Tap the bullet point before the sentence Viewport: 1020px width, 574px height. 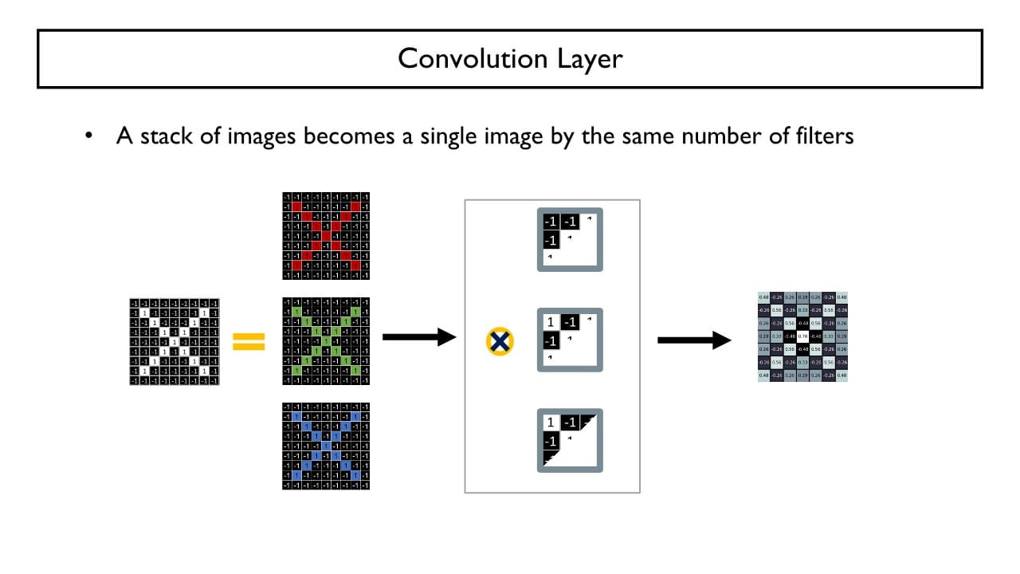pyautogui.click(x=90, y=136)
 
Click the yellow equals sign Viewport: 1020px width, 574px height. pyautogui.click(x=249, y=342)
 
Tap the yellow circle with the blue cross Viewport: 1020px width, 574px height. pyautogui.click(x=500, y=342)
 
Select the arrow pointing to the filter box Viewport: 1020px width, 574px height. pyautogui.click(x=418, y=337)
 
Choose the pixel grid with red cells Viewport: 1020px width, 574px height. pyautogui.click(x=326, y=236)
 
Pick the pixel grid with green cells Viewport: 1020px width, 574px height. pyautogui.click(x=326, y=341)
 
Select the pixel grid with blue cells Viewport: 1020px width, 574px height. pyautogui.click(x=326, y=446)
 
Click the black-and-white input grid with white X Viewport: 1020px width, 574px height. pyautogui.click(x=174, y=341)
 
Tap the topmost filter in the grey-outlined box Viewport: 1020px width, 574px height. pyautogui.click(x=570, y=239)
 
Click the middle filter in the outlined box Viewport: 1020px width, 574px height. pyautogui.click(x=570, y=340)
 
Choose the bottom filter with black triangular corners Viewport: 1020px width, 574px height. pyautogui.click(x=570, y=441)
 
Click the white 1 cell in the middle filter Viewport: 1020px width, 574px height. pyautogui.click(x=550, y=323)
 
